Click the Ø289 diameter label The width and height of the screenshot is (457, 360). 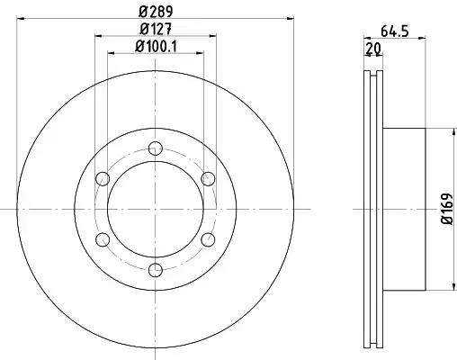(x=156, y=12)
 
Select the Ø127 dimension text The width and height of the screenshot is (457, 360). (x=156, y=29)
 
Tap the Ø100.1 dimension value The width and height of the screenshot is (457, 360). (x=156, y=46)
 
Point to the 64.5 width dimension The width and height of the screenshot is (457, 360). (x=395, y=31)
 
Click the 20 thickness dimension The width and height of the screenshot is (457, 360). (x=372, y=48)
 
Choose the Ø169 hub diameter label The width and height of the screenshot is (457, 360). (x=447, y=209)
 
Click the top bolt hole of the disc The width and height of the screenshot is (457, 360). (x=156, y=148)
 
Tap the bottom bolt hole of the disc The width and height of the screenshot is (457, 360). (x=156, y=270)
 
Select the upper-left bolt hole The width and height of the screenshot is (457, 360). (x=103, y=179)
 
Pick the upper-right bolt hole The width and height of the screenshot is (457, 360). (x=208, y=179)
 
